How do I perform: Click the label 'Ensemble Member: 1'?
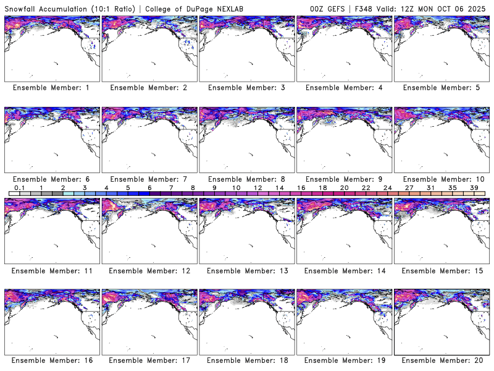point(51,88)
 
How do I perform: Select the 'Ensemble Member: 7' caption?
point(148,179)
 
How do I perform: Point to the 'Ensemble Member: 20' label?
point(440,360)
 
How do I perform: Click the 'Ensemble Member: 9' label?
point(343,179)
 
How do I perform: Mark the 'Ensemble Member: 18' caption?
point(246,360)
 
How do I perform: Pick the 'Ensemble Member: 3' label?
point(246,88)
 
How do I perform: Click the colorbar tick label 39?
point(474,187)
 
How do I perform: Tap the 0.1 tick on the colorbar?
point(19,187)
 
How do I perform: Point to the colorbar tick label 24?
point(388,187)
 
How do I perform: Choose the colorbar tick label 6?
point(149,187)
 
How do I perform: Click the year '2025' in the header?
point(479,7)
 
